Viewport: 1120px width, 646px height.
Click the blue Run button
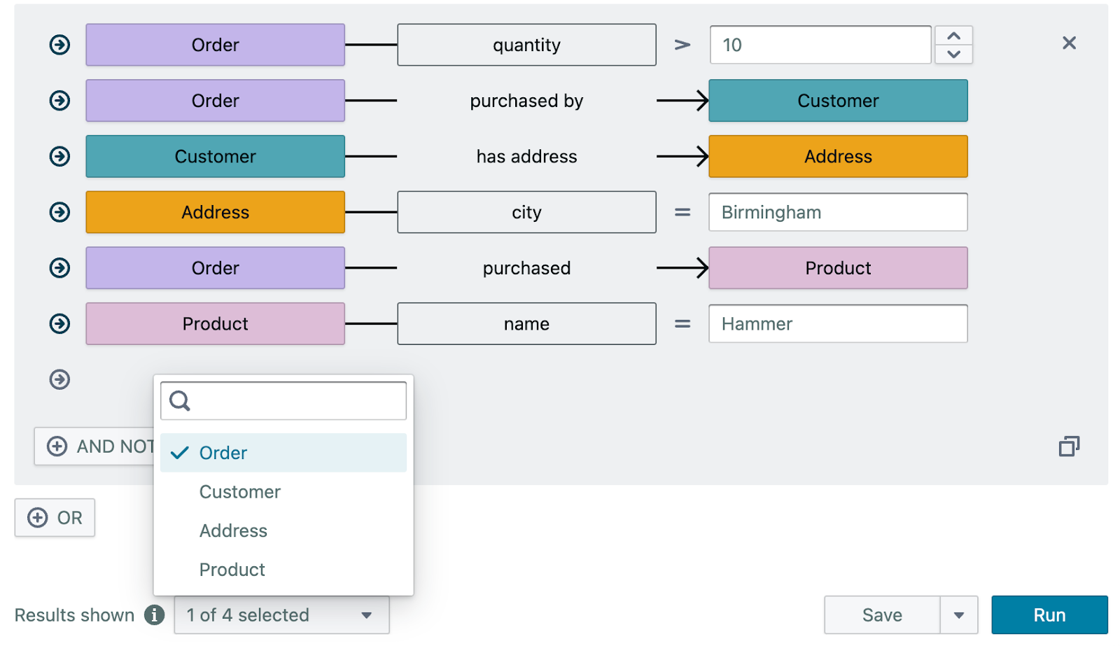coord(1049,615)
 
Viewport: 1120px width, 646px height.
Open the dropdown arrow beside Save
coord(958,615)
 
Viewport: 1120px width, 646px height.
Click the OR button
coord(55,517)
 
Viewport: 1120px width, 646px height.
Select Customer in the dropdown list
coord(239,491)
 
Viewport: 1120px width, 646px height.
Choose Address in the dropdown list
coord(233,531)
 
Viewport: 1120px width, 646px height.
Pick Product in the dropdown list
coord(232,569)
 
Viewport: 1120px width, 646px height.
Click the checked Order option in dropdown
coord(223,453)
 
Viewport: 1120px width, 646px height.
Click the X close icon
coord(1068,43)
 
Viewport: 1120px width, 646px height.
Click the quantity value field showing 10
coord(819,45)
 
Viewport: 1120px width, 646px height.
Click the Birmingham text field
coord(837,212)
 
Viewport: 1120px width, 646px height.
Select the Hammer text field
coord(837,323)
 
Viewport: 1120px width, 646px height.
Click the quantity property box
coord(526,45)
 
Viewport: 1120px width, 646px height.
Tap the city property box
coord(526,212)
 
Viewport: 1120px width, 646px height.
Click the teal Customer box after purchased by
coord(837,100)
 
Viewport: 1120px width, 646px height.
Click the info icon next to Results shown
coord(154,615)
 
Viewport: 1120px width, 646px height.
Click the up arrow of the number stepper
coord(953,36)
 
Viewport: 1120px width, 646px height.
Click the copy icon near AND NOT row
coord(1068,446)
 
